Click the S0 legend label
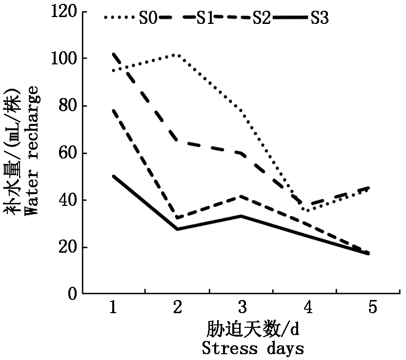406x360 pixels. coord(148,18)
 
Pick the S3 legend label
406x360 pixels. coord(319,18)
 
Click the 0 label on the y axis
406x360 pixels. coord(72,294)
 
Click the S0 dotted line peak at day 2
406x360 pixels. coord(177,55)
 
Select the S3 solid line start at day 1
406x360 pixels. coord(114,176)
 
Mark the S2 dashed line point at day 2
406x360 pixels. coord(177,218)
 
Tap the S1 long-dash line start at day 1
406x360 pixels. coord(114,53)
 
